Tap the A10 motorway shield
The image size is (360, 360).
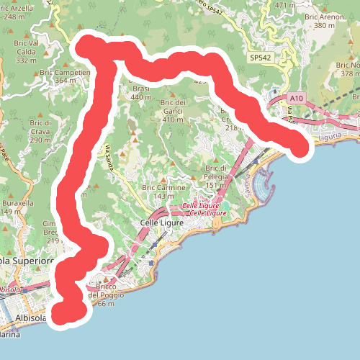pos(299,96)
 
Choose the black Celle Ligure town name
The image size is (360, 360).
pos(163,223)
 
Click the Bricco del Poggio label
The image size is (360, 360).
pos(106,295)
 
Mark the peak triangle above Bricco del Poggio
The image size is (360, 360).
pos(107,280)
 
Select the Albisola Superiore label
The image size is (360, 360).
pos(27,260)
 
